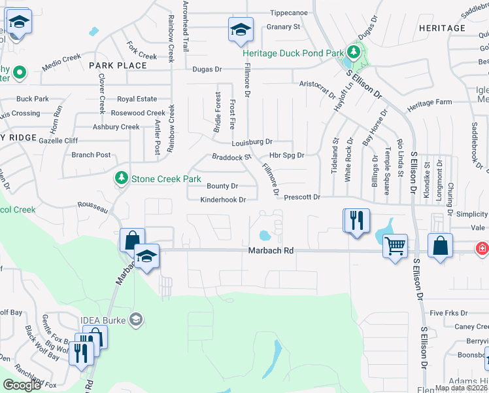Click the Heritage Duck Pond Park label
(292, 52)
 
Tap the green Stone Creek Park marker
(121, 178)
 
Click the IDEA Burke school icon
(136, 320)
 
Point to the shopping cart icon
(395, 246)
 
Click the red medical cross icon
(482, 249)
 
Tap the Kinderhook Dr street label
(223, 200)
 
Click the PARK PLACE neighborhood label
(118, 65)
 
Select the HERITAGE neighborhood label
(442, 28)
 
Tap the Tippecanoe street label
(288, 12)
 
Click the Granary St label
(283, 27)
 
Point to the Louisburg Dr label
(252, 142)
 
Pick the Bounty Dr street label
(222, 186)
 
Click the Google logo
(22, 385)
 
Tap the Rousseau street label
(92, 207)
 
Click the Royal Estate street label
(137, 99)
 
